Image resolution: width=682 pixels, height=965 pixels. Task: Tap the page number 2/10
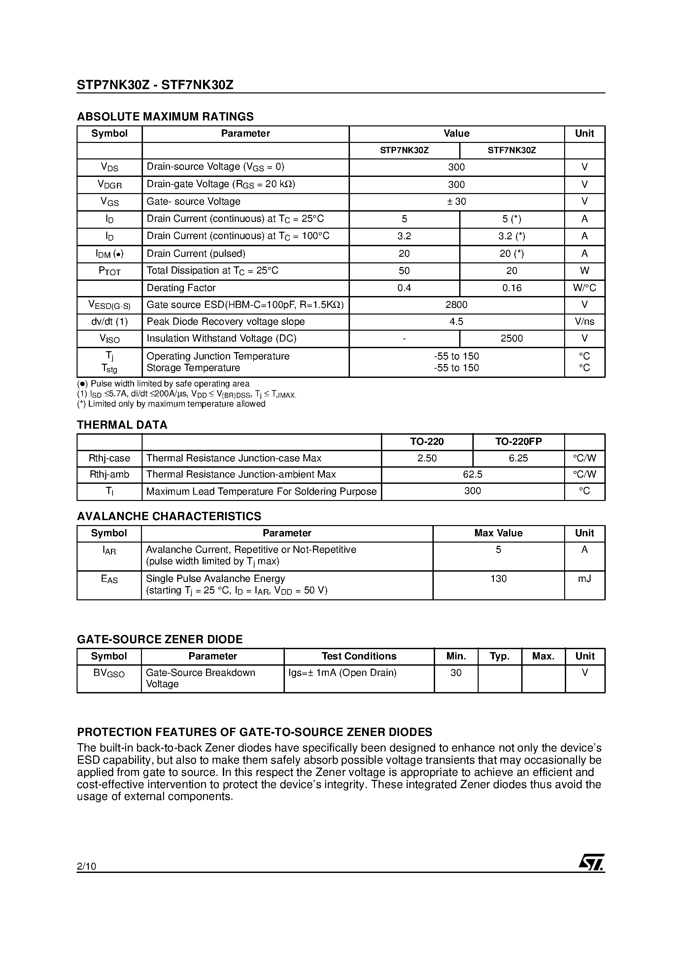click(x=86, y=866)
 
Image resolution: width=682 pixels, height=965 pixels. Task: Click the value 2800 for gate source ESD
click(x=456, y=305)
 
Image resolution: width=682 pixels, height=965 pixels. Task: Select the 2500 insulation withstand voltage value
click(x=511, y=339)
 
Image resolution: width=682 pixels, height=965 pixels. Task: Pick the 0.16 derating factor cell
click(x=511, y=288)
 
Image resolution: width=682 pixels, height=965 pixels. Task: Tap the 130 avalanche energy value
click(x=498, y=579)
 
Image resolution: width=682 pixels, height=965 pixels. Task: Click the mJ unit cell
click(x=584, y=579)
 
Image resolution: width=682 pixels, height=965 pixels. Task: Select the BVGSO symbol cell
click(x=109, y=673)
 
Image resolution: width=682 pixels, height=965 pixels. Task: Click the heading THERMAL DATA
click(x=122, y=425)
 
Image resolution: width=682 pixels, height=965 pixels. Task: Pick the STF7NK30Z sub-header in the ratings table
click(x=511, y=150)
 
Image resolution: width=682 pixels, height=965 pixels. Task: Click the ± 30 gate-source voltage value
click(x=456, y=202)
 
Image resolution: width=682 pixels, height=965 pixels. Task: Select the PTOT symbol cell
click(x=109, y=271)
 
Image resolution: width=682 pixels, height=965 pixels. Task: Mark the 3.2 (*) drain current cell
click(x=511, y=236)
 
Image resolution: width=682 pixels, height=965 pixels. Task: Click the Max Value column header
click(x=498, y=533)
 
